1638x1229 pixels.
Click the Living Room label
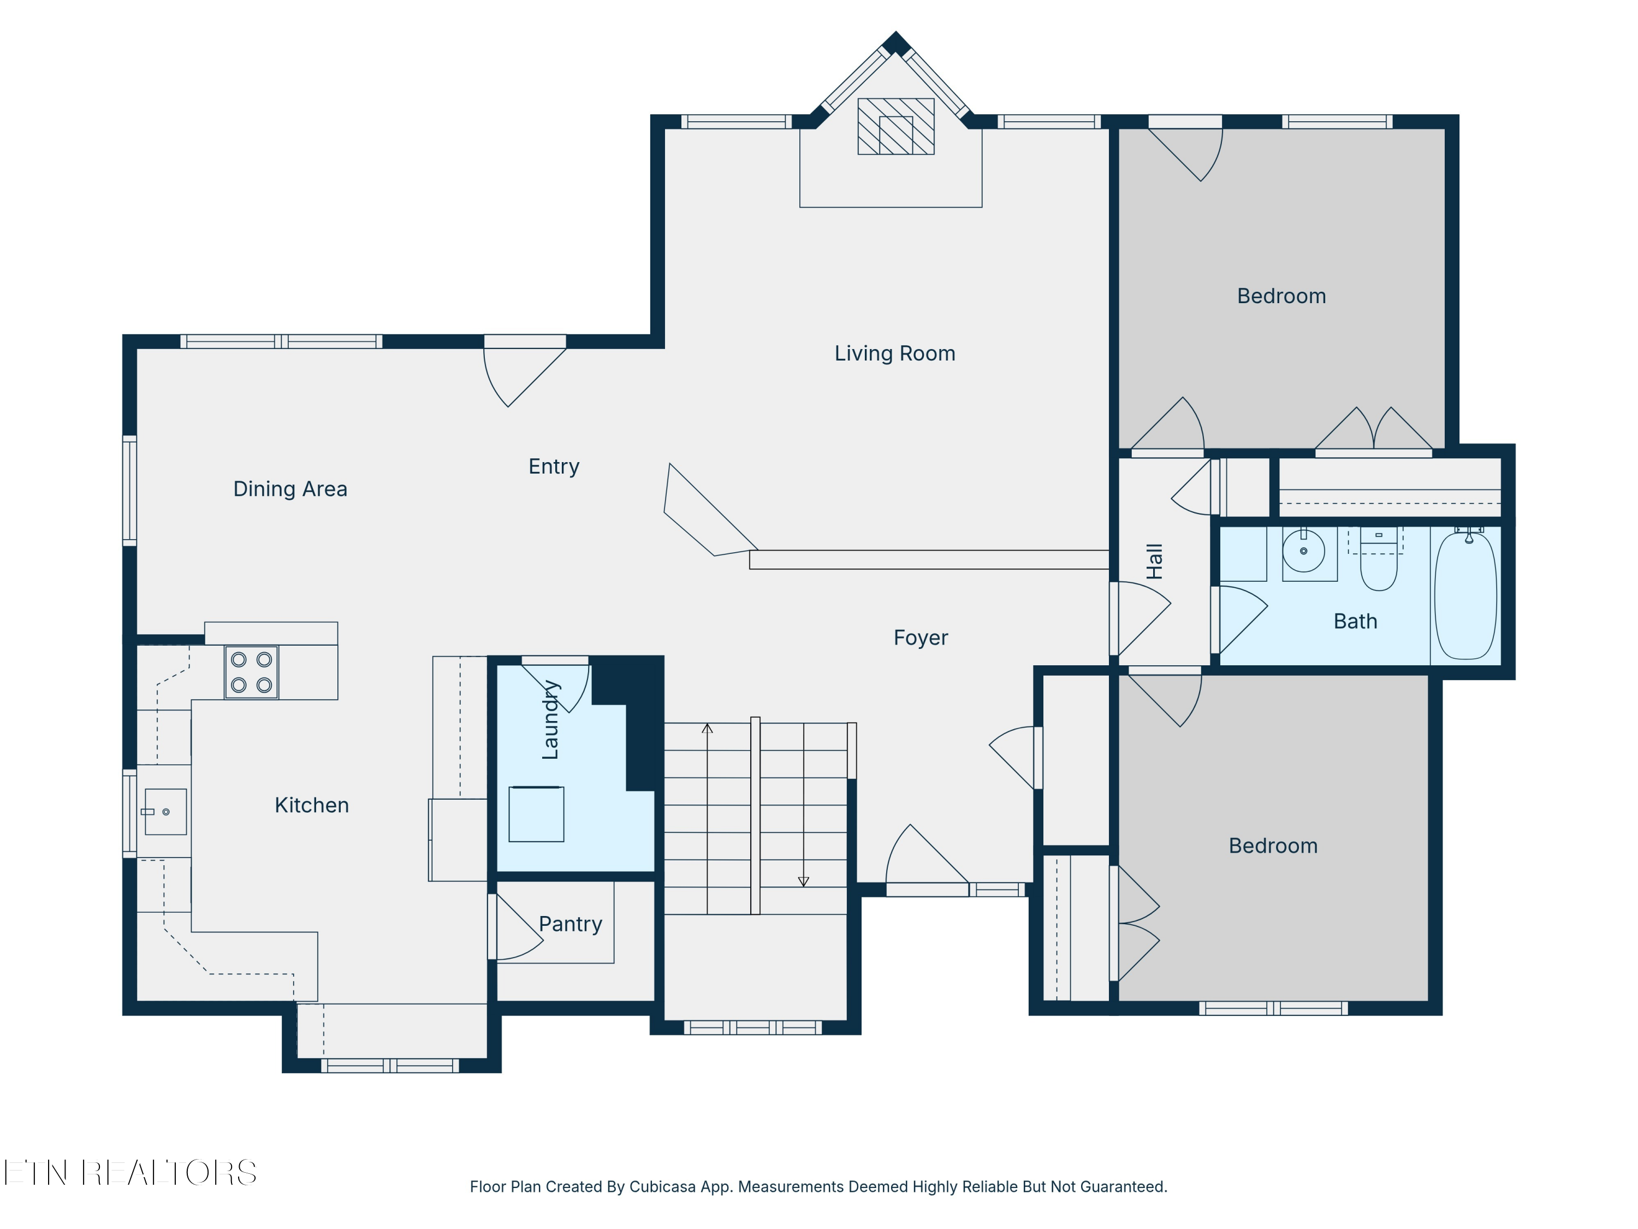click(894, 353)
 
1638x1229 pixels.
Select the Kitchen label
click(311, 805)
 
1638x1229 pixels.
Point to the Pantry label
click(569, 924)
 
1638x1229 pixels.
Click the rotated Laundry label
click(550, 719)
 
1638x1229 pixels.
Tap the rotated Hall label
click(1154, 561)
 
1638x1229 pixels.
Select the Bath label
click(1355, 621)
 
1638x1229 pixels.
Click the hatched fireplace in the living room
click(895, 127)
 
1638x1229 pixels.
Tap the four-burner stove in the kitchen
click(251, 672)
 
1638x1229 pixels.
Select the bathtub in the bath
click(1465, 596)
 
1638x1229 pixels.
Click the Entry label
click(553, 466)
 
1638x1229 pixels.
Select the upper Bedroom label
click(1281, 296)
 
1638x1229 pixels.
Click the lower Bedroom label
click(1273, 846)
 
